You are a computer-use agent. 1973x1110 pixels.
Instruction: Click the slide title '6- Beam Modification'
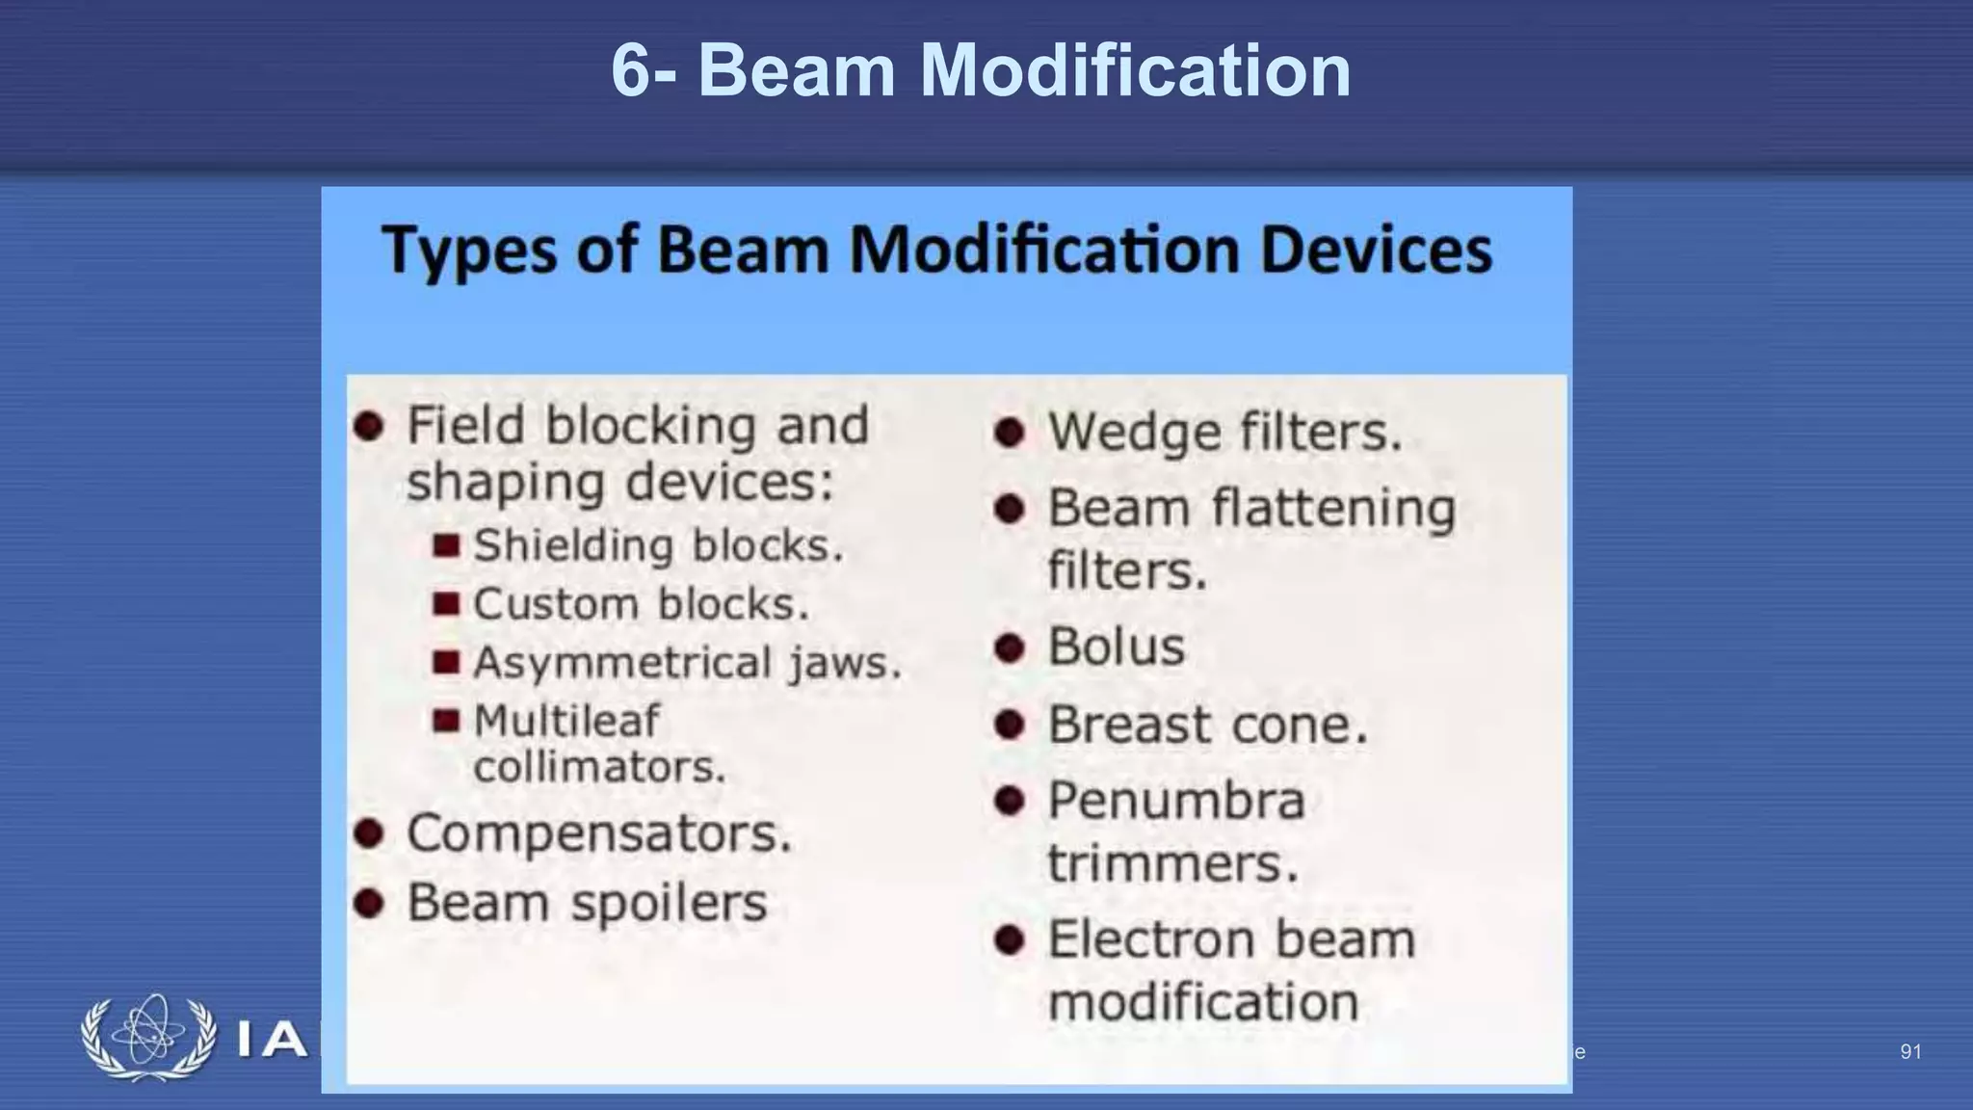coord(981,70)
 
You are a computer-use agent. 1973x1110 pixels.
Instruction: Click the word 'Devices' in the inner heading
coord(1376,250)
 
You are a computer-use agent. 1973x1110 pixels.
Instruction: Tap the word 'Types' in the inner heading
coord(469,250)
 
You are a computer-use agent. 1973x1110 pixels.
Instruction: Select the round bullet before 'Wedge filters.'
coord(1009,432)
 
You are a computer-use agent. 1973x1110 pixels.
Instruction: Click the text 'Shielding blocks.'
coord(658,546)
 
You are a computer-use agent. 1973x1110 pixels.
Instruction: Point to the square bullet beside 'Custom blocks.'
coord(446,604)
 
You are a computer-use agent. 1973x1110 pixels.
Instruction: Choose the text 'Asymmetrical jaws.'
coord(687,663)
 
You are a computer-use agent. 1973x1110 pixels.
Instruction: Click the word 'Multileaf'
coord(566,721)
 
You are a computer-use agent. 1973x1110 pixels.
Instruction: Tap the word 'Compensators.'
coord(599,833)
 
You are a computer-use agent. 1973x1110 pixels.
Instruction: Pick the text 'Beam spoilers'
coord(587,903)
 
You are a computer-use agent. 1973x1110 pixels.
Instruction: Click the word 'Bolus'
coord(1116,647)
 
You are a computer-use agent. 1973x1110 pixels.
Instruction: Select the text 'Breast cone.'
coord(1207,725)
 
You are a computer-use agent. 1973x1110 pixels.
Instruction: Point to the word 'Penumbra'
coord(1175,801)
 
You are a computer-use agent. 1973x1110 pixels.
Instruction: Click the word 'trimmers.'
coord(1172,863)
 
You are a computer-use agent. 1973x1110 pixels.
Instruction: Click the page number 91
coord(1910,1051)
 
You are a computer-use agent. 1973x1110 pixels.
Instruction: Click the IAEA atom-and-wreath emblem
coord(148,1038)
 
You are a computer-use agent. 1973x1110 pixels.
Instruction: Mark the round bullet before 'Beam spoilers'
coord(369,904)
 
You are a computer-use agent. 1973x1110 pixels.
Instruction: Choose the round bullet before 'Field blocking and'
coord(369,425)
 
